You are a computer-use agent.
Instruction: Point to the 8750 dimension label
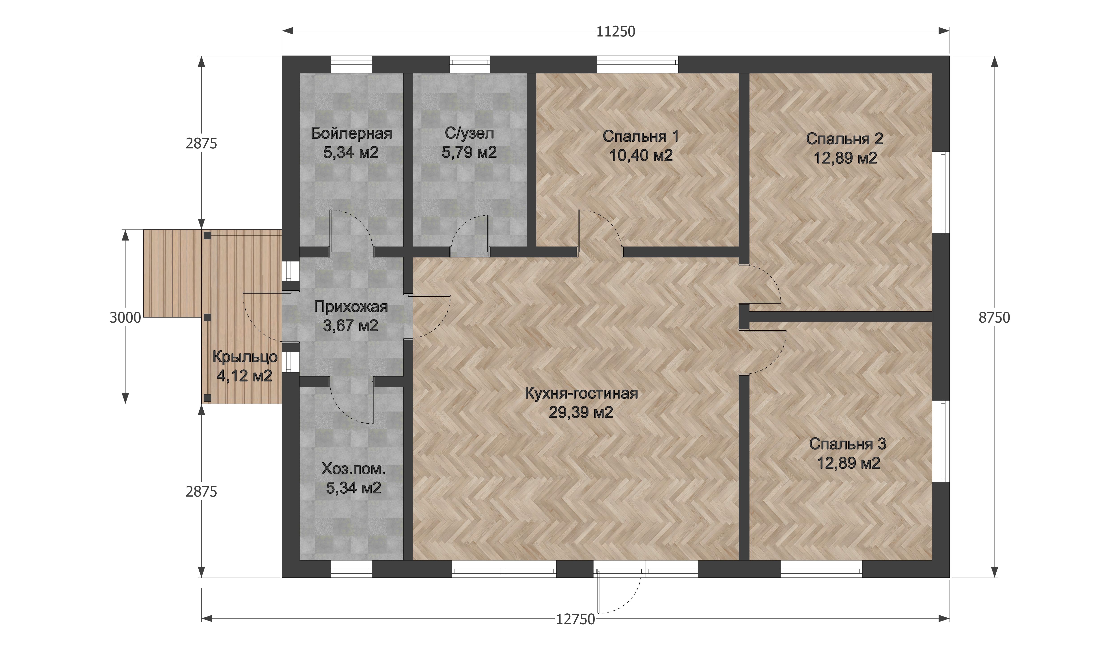point(994,318)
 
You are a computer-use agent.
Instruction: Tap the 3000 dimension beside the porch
point(125,318)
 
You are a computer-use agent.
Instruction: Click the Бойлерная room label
point(351,133)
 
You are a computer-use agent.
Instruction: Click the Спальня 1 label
point(641,136)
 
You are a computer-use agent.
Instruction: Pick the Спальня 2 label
point(844,139)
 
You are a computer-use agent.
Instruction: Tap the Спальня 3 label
point(848,444)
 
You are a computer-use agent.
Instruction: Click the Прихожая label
point(351,306)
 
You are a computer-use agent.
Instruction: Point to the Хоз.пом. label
point(353,469)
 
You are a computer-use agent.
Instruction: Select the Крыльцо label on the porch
point(245,357)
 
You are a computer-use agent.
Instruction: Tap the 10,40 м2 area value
point(641,155)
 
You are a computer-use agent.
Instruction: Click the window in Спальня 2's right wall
point(940,192)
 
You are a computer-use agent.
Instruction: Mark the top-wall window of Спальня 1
point(637,64)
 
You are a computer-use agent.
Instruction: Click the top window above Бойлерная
point(351,64)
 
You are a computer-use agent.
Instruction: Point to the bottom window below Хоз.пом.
point(351,569)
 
